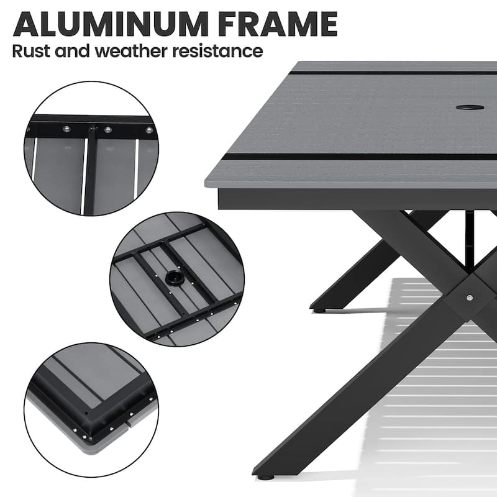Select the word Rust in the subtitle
pyautogui.click(x=31, y=51)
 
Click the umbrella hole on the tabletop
pyautogui.click(x=470, y=107)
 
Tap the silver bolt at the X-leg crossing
pyautogui.click(x=469, y=298)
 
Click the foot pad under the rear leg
pyautogui.click(x=318, y=309)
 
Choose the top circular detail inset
pyautogui.click(x=91, y=149)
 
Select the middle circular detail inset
pyautogui.click(x=177, y=278)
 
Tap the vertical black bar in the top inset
pyautogui.click(x=92, y=168)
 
